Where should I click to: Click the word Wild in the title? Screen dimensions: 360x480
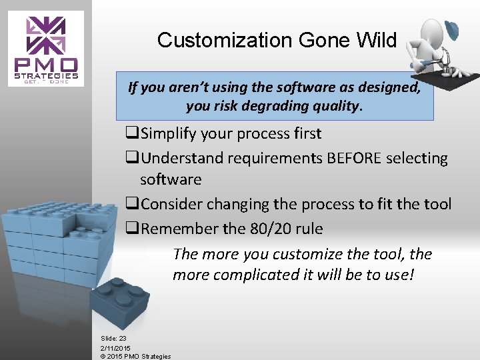coord(376,41)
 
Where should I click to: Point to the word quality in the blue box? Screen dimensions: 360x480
coord(336,106)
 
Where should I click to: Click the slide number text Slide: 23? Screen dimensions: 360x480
coord(113,339)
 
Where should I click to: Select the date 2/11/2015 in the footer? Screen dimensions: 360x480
coord(115,347)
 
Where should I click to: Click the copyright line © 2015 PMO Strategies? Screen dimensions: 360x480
coord(135,356)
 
